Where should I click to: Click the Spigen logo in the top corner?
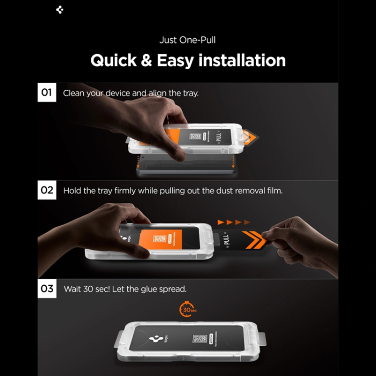coord(60,9)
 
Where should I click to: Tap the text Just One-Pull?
coord(187,40)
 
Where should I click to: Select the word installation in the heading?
coord(242,60)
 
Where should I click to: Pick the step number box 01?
coord(47,93)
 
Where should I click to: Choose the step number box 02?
coord(47,191)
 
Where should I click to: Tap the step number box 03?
coord(47,289)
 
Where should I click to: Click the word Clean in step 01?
coord(75,93)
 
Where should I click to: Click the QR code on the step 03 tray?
coord(199,340)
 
